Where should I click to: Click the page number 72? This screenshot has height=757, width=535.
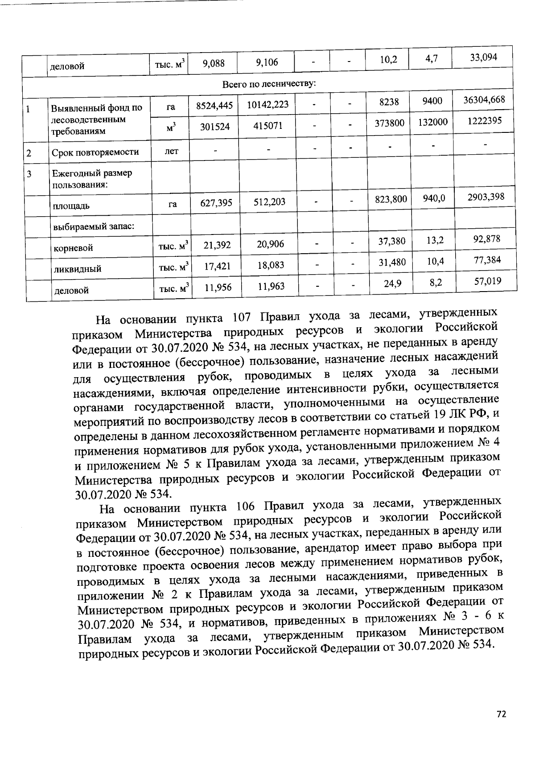502,714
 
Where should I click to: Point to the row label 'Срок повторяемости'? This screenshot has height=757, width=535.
95,152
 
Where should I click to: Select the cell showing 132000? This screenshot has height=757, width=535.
432,122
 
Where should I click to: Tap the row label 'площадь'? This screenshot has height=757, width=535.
71,206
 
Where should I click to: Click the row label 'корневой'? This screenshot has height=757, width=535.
73,248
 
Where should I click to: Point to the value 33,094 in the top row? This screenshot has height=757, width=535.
482,57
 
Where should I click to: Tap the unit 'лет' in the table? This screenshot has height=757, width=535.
171,151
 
